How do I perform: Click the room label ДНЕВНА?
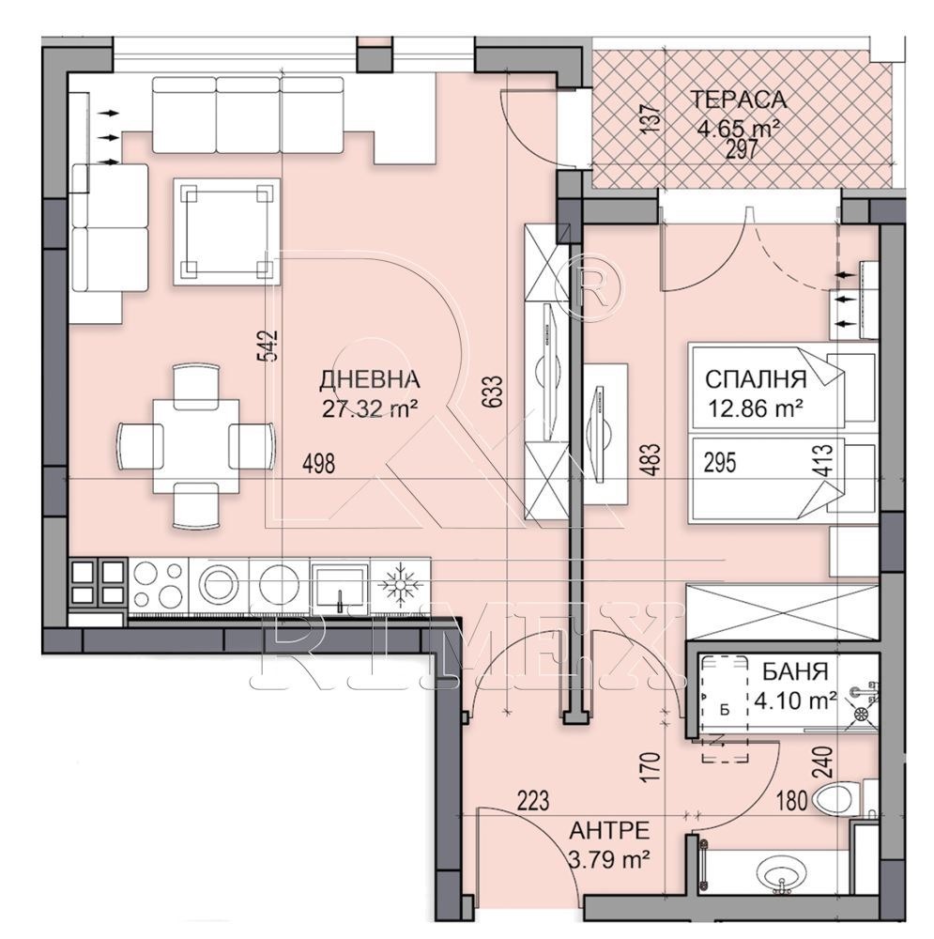tap(370, 379)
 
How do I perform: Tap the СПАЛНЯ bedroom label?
tap(756, 379)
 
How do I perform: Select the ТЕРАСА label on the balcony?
tap(738, 100)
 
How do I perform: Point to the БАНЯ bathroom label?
tap(794, 671)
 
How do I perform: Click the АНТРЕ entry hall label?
tap(609, 831)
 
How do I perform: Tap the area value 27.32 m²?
tap(370, 408)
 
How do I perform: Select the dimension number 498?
tap(318, 464)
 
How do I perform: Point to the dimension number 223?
tap(533, 800)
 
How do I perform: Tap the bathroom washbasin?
tap(781, 876)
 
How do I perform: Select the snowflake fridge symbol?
tap(399, 584)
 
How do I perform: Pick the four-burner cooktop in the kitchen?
tap(158, 585)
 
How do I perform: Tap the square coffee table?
tap(227, 232)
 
